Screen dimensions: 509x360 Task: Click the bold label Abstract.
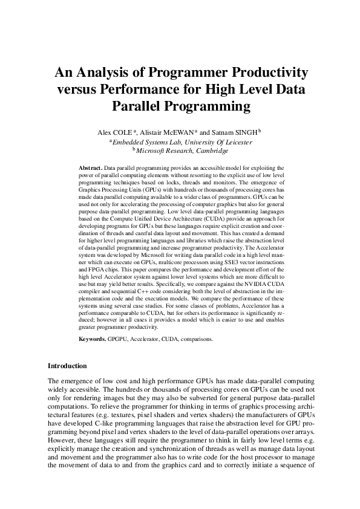pyautogui.click(x=91, y=166)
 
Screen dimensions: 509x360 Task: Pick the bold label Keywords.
pyautogui.click(x=93, y=339)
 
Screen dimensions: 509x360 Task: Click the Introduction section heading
pyautogui.click(x=67, y=366)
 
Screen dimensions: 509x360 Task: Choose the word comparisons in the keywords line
pyautogui.click(x=193, y=339)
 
